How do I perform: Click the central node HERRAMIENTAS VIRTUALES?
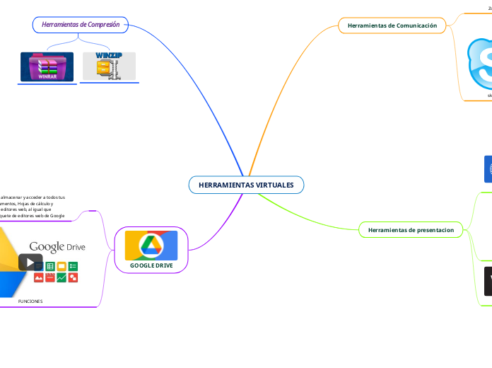pos(246,185)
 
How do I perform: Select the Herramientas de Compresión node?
pos(81,25)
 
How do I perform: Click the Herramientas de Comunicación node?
pos(392,25)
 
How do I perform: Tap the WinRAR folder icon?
pos(47,67)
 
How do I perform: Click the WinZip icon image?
pos(109,66)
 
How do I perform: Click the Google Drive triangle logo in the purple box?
pos(151,246)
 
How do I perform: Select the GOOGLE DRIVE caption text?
pos(151,265)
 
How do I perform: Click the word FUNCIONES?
pos(30,301)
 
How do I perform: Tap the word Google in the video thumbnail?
pos(47,246)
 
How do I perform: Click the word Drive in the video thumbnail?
pos(76,247)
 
